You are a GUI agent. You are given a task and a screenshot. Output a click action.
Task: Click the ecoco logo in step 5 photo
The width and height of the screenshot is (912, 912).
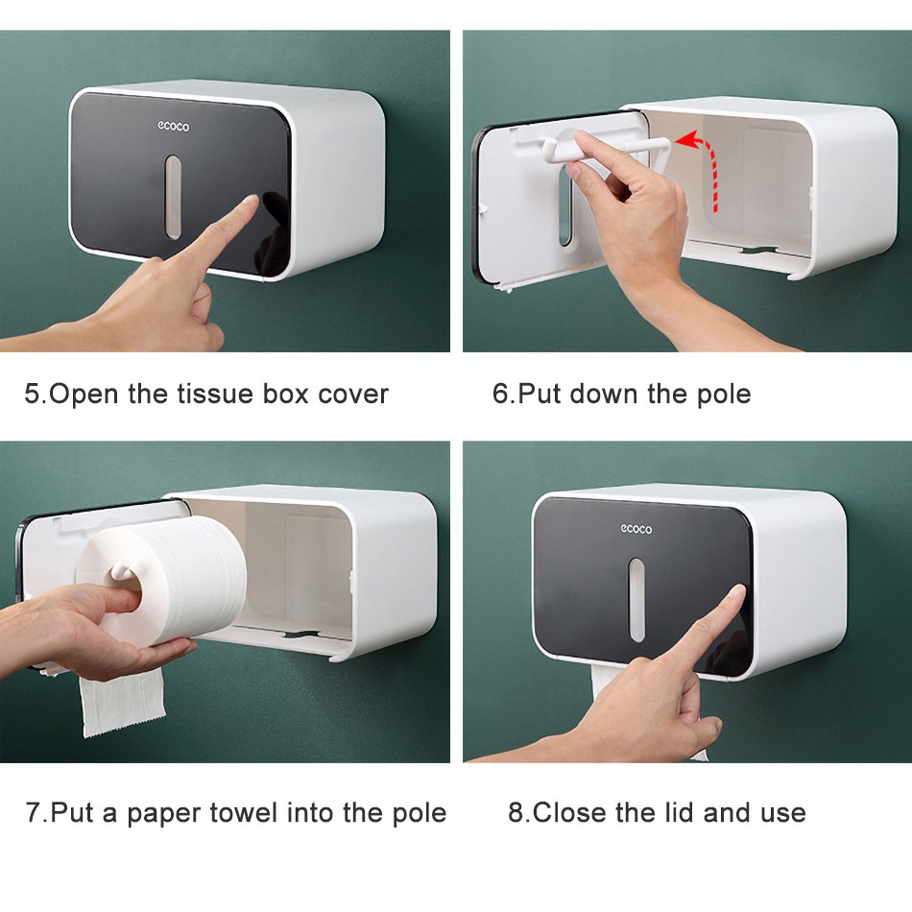[174, 126]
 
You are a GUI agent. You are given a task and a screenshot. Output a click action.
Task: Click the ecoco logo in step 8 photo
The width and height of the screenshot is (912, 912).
[636, 529]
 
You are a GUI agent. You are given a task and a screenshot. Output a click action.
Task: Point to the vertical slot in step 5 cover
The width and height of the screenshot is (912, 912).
[173, 197]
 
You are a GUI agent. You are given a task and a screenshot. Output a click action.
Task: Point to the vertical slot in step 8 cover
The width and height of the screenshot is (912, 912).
[636, 600]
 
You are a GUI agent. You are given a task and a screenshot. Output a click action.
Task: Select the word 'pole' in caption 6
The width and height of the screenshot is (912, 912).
[726, 395]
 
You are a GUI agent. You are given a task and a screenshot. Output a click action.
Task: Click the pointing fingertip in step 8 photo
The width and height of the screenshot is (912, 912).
[737, 591]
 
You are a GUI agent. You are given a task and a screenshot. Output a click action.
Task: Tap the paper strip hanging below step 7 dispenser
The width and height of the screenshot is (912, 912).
[122, 701]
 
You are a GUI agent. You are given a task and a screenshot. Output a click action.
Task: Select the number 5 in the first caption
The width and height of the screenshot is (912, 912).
[32, 394]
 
